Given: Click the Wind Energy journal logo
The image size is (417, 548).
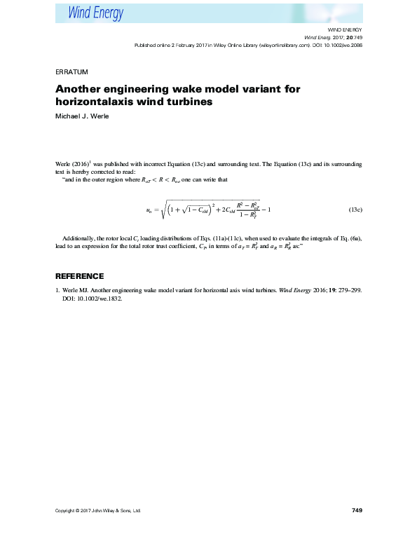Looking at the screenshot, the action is coord(96,13).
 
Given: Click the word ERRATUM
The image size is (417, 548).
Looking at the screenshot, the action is coord(71,72).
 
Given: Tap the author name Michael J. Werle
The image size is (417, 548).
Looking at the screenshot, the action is coord(82,116).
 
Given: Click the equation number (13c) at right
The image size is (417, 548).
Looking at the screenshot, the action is coord(355,210).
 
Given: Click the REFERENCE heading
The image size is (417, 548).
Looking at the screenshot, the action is coord(79,276).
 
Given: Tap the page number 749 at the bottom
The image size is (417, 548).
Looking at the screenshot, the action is coord(356,510).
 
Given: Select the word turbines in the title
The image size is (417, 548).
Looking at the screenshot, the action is coord(187,102).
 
